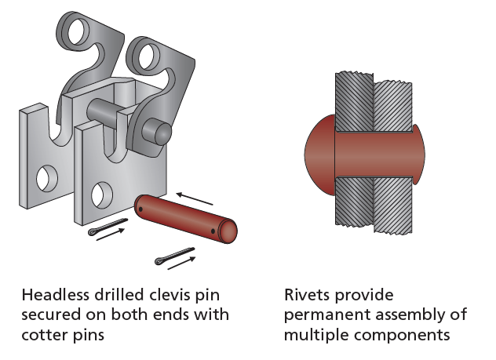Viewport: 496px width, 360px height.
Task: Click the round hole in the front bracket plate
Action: [x=100, y=192]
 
